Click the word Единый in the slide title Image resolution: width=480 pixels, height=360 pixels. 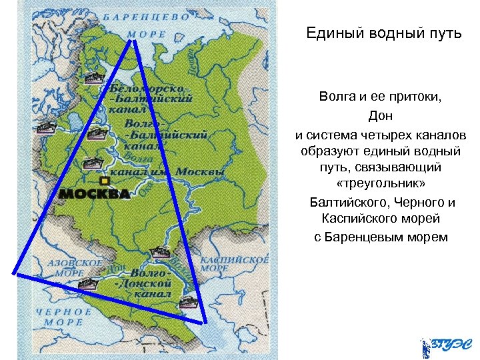(x=331, y=33)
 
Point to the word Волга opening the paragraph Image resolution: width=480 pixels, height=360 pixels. (x=337, y=98)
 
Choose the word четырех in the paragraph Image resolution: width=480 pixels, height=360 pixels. (x=381, y=134)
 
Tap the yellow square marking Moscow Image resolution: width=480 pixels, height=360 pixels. (x=103, y=181)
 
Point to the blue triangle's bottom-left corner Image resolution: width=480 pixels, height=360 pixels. (x=13, y=273)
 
